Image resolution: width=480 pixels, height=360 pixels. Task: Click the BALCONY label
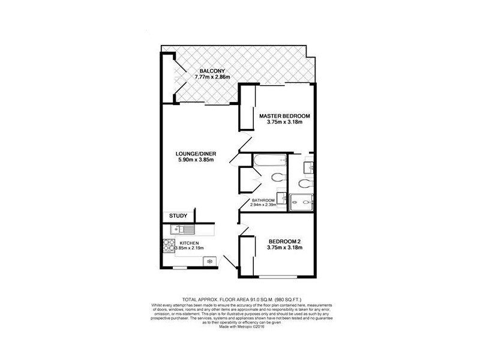212,71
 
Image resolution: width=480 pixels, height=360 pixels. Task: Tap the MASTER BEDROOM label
284,115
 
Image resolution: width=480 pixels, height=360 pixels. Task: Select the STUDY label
178,216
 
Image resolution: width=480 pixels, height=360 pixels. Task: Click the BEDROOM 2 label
284,242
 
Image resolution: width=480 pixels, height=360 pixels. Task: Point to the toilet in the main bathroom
278,177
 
